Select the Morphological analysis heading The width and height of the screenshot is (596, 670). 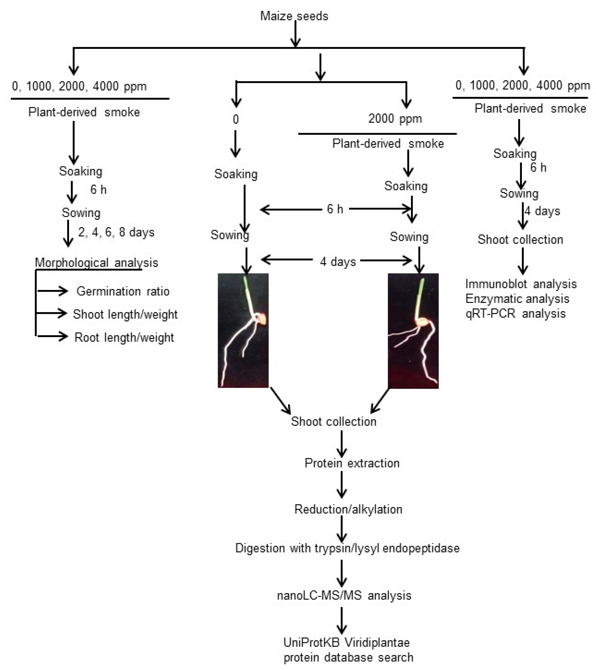96,262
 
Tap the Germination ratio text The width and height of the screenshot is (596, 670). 123,291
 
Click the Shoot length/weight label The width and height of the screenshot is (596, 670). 125,314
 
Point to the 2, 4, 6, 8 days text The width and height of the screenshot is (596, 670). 116,232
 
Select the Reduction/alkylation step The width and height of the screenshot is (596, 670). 348,509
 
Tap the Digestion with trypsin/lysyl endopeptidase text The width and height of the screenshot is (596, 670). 347,548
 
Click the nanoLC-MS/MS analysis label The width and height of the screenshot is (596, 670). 344,595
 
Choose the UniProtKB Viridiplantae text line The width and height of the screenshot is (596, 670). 346,642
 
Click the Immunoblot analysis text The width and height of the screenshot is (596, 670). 521,284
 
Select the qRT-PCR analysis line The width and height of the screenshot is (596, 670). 515,314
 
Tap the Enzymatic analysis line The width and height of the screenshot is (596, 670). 517,299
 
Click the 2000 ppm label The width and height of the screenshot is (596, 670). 395,118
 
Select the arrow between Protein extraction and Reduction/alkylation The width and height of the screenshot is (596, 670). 342,485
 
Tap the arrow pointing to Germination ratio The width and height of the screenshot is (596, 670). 52,291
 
